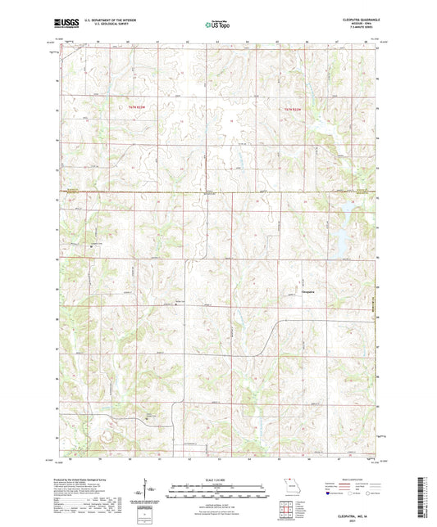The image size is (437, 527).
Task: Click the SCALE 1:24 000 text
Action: pyautogui.click(x=218, y=479)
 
